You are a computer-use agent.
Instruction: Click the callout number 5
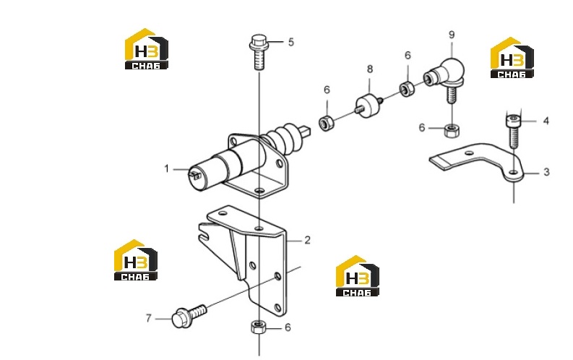pos(291,42)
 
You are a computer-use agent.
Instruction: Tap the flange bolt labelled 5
pos(259,52)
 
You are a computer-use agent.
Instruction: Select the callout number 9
pos(452,35)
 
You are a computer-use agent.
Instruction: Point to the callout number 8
pos(370,69)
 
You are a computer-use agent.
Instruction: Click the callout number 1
pos(167,169)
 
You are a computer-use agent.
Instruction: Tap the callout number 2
pos(307,241)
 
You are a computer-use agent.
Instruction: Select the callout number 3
pos(546,172)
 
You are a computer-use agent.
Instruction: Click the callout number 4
pos(546,121)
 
